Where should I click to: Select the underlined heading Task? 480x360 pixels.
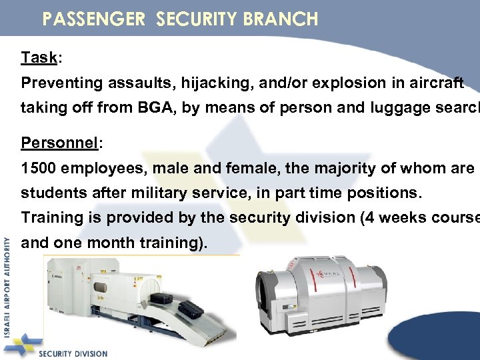pyautogui.click(x=39, y=57)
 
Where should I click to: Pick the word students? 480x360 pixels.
pyautogui.click(x=49, y=193)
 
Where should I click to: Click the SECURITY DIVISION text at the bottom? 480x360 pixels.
pyautogui.click(x=73, y=353)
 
